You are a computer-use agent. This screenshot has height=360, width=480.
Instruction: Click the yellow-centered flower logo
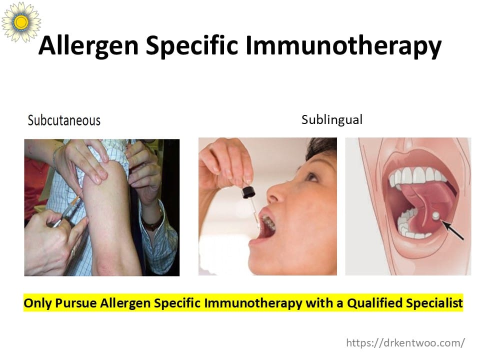point(21,21)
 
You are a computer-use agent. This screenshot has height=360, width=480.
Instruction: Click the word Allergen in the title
point(89,46)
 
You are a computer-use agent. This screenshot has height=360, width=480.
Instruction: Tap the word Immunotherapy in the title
point(343,46)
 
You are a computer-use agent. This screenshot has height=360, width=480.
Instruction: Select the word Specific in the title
point(192,46)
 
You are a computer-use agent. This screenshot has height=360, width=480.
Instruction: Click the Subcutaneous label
point(64,120)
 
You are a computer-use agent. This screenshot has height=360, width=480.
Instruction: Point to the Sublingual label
point(332,119)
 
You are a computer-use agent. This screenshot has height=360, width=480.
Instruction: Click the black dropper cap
point(248,192)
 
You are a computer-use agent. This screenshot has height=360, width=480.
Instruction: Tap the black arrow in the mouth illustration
point(452,230)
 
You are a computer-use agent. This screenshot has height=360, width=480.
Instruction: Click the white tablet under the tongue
point(436,216)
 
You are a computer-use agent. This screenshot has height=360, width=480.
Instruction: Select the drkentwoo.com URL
point(405,342)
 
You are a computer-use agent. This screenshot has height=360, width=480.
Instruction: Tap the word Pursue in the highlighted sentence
point(75,303)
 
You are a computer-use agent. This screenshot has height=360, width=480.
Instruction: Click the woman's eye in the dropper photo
point(311,176)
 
